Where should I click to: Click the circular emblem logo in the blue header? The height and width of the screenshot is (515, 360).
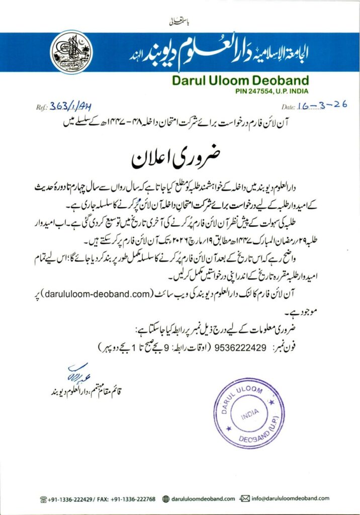(72, 52)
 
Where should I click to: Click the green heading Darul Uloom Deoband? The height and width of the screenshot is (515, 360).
(240, 80)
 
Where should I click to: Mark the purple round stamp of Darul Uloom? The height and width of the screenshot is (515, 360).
(250, 413)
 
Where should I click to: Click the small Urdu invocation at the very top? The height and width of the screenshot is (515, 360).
(179, 23)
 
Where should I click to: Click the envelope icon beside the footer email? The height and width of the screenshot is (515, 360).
(246, 498)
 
